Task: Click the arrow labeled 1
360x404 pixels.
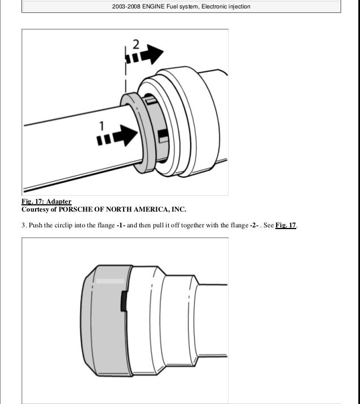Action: tap(117, 136)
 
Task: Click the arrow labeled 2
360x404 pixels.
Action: tap(144, 54)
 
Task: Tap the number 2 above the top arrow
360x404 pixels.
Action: tap(136, 45)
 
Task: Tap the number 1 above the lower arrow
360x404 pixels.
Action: tap(102, 126)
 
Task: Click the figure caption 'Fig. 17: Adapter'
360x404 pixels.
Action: tap(46, 201)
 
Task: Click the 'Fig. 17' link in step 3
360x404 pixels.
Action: tap(286, 225)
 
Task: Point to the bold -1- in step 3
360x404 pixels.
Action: tap(121, 225)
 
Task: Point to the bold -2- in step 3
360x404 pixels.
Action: tap(254, 225)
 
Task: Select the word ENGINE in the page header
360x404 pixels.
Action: tap(153, 6)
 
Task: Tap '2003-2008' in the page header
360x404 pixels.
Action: tap(126, 6)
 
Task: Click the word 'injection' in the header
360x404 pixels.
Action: tap(239, 6)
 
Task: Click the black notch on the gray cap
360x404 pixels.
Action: tap(124, 301)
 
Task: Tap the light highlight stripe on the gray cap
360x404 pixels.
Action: tap(110, 281)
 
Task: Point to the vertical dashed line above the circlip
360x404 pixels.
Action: tap(125, 69)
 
